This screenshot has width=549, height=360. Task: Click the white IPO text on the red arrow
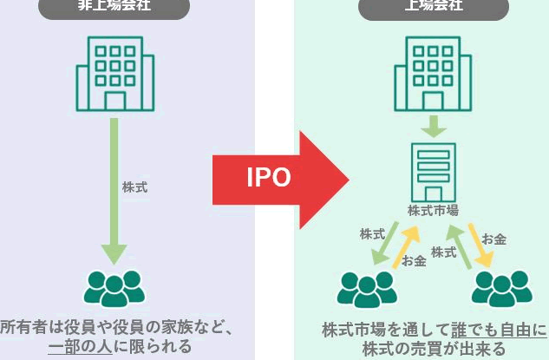(x=269, y=178)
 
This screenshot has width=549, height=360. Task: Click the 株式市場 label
(x=433, y=210)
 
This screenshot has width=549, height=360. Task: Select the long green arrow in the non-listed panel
(x=114, y=191)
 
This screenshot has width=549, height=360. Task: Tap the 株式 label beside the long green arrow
(x=134, y=186)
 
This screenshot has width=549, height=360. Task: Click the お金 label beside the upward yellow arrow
(x=414, y=260)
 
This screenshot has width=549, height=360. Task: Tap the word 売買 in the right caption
(x=430, y=350)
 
